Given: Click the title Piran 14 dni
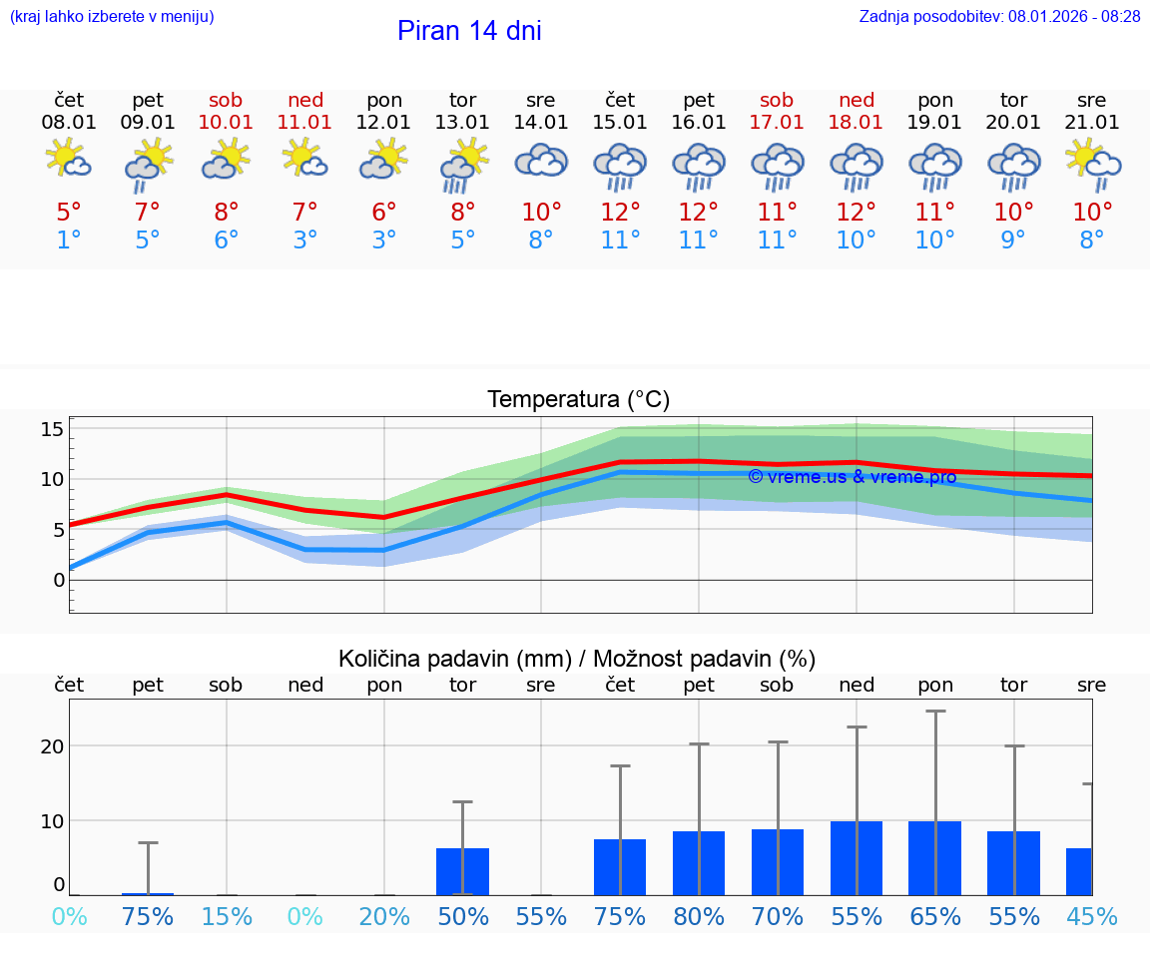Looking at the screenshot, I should click(469, 31).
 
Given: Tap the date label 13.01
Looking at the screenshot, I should click(462, 123).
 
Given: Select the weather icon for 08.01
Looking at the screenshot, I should click(69, 161).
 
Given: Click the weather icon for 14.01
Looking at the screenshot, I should click(541, 161).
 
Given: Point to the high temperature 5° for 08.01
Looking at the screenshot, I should click(69, 213).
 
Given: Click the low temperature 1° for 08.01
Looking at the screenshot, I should click(69, 241).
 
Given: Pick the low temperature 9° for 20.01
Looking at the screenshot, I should click(1013, 241).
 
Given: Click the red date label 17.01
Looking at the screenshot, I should click(777, 123).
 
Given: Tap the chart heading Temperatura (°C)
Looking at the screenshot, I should click(578, 400).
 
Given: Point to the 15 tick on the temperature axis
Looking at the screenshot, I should click(52, 430).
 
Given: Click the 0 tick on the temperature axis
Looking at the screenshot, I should click(59, 580).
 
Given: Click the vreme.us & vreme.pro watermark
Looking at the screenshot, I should click(853, 477).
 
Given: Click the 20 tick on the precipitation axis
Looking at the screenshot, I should click(52, 746).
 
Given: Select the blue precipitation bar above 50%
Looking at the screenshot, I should click(462, 871).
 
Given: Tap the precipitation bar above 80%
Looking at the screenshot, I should click(699, 863).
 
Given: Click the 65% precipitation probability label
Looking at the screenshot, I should click(935, 917).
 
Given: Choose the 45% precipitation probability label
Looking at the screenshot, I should click(1092, 917).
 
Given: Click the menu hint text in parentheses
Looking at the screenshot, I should click(112, 17).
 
